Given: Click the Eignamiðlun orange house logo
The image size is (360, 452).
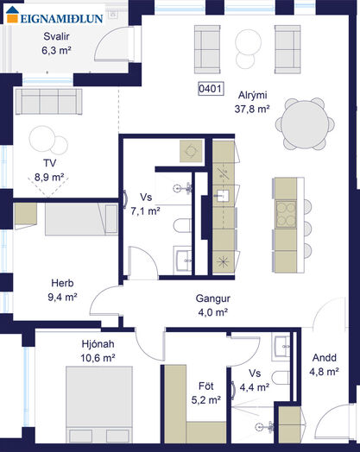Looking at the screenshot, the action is pos(12,14).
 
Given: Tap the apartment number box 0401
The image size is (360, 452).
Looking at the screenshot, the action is pos(211,89).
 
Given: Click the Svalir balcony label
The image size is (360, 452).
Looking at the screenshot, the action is pos(56,36).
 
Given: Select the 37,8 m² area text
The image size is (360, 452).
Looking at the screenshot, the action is pos(252,110).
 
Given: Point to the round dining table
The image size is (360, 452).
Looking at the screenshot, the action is pos(305,124).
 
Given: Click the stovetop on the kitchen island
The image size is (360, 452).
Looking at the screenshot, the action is pos(286,214).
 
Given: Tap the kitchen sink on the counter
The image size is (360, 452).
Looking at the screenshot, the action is pos(223,196).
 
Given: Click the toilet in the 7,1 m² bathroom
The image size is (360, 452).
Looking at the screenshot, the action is pos(182,225).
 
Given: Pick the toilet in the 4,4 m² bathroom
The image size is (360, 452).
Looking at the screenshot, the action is pos(281,378).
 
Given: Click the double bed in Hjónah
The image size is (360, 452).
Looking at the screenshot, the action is pos(99,405).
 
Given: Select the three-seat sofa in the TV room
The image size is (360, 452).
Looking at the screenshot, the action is pos(48,102).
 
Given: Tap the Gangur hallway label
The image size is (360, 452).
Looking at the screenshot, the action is pos(213,298).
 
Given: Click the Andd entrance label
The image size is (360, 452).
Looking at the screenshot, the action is pos(325,358).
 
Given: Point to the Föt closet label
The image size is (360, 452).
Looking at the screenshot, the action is pos(206,386).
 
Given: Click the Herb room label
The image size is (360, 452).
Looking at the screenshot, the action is pos(62,283).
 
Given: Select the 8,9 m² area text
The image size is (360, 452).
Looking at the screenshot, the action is pos(49,178).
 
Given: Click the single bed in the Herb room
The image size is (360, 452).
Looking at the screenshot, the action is pos(81,219).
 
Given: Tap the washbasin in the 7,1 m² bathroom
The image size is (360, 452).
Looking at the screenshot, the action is pos(182,260).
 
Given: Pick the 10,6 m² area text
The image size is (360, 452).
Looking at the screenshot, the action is pos(98,358).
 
